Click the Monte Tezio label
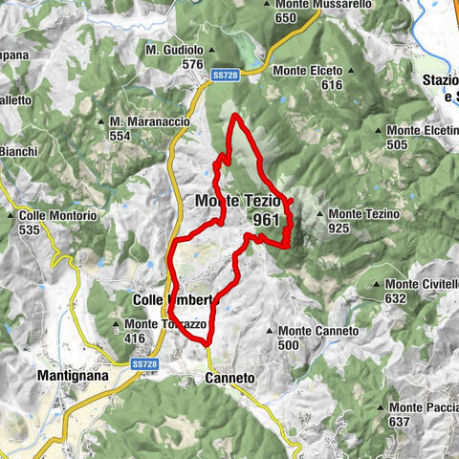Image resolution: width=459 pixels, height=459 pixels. point(237,202)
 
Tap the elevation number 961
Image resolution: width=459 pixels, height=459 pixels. point(267,220)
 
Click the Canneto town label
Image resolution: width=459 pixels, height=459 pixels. point(229,379)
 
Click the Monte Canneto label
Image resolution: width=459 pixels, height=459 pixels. point(318,331)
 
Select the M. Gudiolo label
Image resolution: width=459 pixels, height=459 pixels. point(175,49)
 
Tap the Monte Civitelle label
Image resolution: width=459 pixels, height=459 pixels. point(423,284)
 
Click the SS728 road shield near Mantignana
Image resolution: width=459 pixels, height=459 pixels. point(144,363)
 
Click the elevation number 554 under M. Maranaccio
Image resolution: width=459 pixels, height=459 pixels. point(120,137)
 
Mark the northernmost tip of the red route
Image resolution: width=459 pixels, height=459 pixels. point(234,115)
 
